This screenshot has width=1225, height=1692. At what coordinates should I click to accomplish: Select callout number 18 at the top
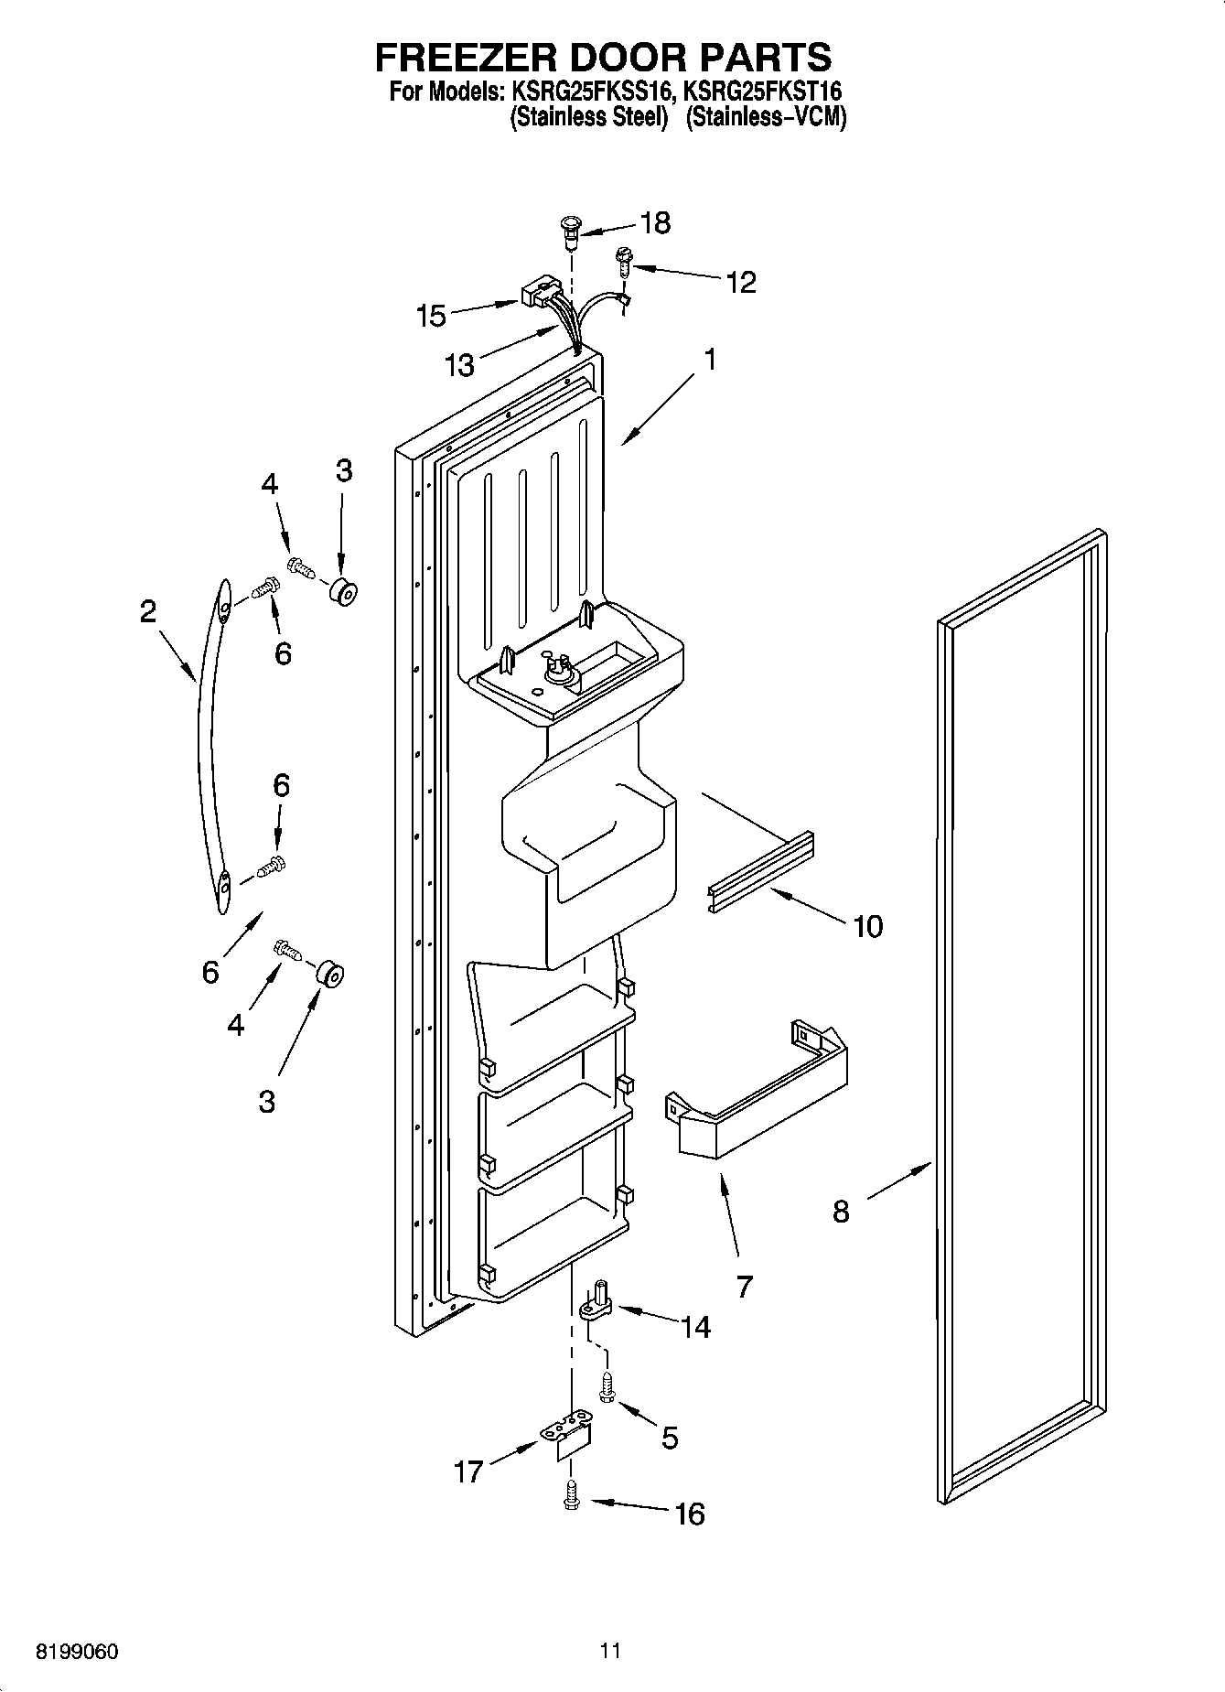point(655,222)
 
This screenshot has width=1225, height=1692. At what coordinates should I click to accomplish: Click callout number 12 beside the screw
point(741,282)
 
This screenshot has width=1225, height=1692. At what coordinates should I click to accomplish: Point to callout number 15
point(430,317)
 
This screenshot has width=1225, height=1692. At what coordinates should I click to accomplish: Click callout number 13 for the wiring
point(459,365)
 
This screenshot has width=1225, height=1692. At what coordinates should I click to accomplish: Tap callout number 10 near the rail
point(867,926)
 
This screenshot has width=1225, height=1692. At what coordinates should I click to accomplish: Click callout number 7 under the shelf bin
point(744,1286)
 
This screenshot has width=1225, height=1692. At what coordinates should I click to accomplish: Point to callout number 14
point(696,1326)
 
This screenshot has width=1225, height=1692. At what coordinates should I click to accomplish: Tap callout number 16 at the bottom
point(690,1514)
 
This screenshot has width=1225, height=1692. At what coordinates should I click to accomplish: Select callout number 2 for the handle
point(147,611)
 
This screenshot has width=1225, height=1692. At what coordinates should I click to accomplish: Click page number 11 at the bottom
point(610,1651)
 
